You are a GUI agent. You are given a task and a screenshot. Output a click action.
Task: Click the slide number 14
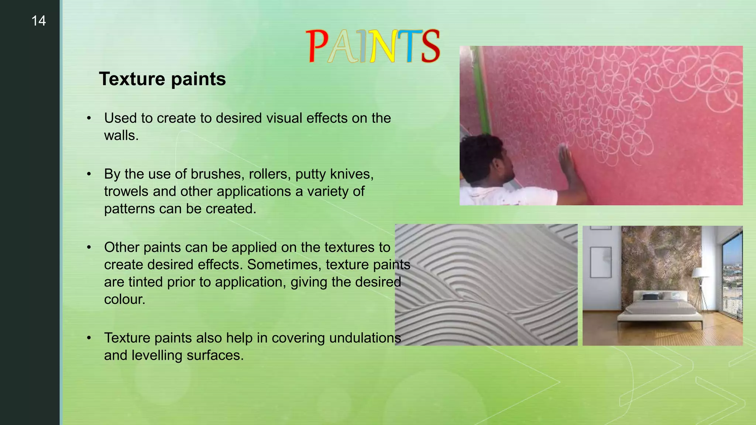[x=38, y=21]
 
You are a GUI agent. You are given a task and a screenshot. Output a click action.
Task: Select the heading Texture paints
[x=162, y=79]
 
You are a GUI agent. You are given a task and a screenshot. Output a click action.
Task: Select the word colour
[x=124, y=299]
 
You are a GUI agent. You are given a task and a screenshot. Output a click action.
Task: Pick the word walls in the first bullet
[x=121, y=135]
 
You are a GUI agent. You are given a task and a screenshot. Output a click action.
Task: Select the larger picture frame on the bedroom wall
[x=601, y=262]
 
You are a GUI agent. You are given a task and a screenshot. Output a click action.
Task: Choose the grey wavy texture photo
[x=486, y=285]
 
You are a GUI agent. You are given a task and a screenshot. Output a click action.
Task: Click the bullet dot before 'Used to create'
[x=89, y=118]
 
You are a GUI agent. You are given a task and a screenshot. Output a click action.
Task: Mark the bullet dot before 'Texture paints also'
[x=89, y=338]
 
